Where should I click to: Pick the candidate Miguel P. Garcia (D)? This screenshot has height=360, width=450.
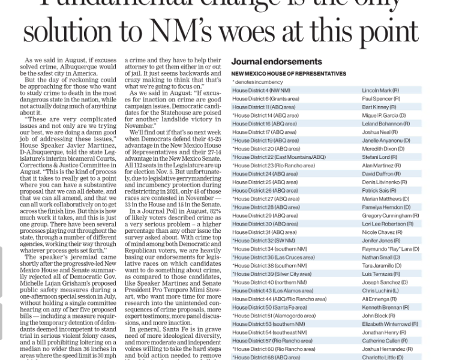(384, 115)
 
